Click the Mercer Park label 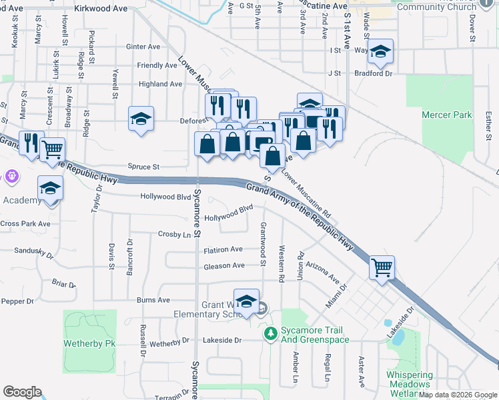(x=446, y=115)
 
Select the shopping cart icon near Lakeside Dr (x=382, y=268)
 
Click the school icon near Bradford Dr (x=380, y=51)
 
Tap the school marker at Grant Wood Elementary (x=246, y=301)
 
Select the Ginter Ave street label (x=143, y=47)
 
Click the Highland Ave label (x=160, y=85)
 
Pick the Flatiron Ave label (x=223, y=249)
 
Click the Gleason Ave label (x=224, y=266)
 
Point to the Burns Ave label (x=153, y=301)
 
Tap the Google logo (x=22, y=392)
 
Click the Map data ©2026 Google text (x=458, y=395)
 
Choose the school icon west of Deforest (x=141, y=119)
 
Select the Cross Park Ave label (x=25, y=224)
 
